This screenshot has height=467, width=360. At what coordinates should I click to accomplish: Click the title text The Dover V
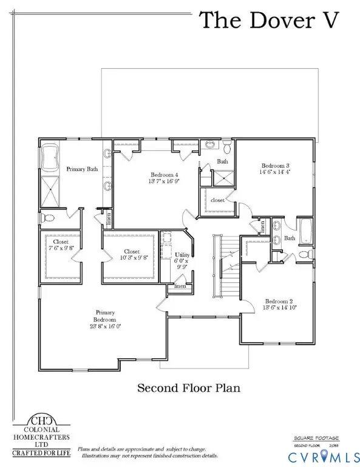[274, 20]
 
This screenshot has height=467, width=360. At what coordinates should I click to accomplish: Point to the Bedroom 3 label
[274, 166]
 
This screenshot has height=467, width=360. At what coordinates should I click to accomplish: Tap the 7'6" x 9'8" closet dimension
[60, 248]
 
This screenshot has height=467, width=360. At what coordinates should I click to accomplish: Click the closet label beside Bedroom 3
[217, 199]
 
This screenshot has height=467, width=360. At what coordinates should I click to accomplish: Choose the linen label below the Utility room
[180, 286]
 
